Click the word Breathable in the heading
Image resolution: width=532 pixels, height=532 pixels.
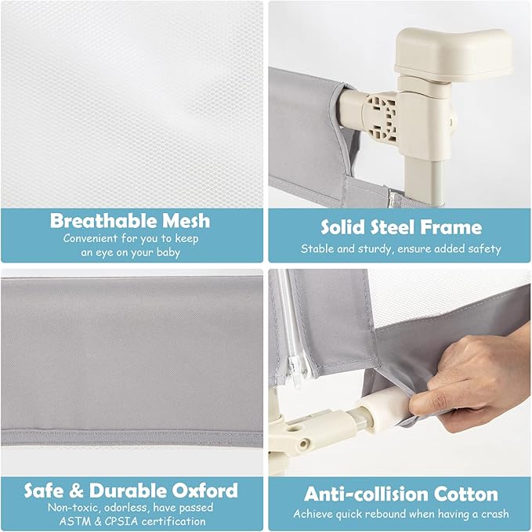[x=103, y=220]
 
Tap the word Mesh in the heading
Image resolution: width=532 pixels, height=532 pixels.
[x=186, y=220]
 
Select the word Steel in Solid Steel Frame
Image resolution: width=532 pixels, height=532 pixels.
[x=393, y=227]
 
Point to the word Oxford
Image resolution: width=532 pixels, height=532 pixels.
[x=205, y=490]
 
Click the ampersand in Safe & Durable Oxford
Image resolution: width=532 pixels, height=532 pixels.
[x=76, y=490]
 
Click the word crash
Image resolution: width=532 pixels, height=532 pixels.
[x=495, y=514]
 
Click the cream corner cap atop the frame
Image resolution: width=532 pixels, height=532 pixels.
[x=454, y=54]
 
